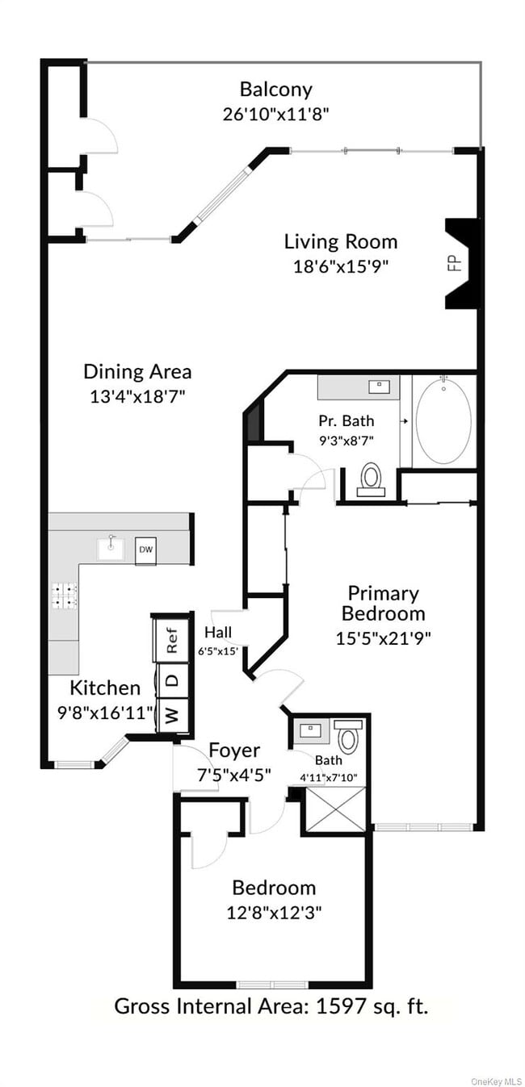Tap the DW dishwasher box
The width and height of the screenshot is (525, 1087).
[x=145, y=550]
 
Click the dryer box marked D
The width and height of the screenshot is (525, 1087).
[x=171, y=679]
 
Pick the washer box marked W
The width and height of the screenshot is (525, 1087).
[x=171, y=715]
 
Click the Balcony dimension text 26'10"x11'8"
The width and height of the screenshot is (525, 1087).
[x=275, y=114]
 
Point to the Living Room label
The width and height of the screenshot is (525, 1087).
[x=340, y=241]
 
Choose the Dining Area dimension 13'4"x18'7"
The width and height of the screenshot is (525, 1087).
[x=138, y=395]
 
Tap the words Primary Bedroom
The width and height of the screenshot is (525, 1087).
[x=383, y=604]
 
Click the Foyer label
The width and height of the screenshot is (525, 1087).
[x=234, y=750]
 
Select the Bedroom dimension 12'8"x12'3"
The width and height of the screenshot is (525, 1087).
[x=273, y=913]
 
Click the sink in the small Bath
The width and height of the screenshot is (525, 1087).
[x=312, y=731]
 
